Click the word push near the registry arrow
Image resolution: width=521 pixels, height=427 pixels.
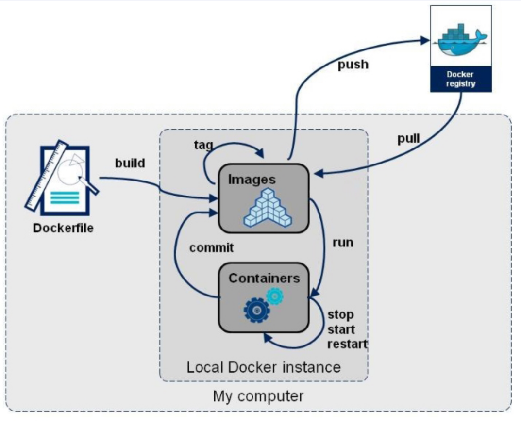(x=353, y=65)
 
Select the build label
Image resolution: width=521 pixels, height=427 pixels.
(x=130, y=163)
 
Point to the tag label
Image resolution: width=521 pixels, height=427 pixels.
(x=204, y=145)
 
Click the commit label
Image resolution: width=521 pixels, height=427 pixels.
(x=212, y=247)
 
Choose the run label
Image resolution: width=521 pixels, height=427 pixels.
(x=342, y=242)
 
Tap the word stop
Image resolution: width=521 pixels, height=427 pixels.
(x=340, y=314)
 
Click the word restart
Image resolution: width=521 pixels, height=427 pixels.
(x=347, y=344)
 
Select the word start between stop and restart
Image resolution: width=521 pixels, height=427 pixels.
(x=341, y=329)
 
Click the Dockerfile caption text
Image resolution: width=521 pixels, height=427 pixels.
(x=64, y=228)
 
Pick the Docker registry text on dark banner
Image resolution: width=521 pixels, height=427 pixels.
(x=461, y=79)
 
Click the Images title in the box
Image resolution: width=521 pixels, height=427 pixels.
(x=252, y=179)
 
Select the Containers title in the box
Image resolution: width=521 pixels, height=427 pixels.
(x=264, y=278)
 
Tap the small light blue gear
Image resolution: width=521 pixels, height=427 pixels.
(x=275, y=296)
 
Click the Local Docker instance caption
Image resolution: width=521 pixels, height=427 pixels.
(x=264, y=367)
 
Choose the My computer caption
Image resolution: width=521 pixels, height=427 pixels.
(x=258, y=396)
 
